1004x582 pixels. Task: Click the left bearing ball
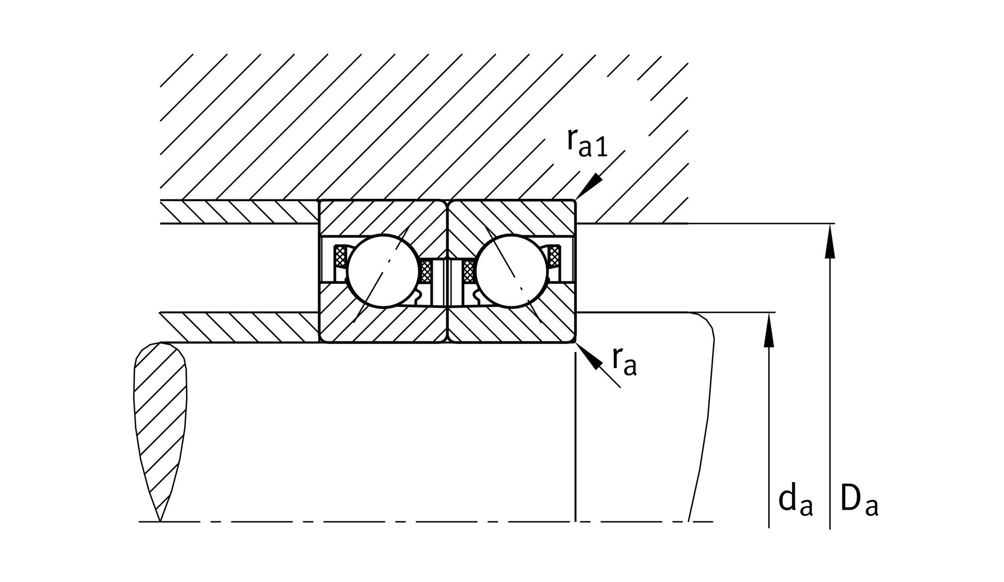pos(383,271)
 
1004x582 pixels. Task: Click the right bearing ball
pos(512,271)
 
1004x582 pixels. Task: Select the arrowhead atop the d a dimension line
pos(768,330)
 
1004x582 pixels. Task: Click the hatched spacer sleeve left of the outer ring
pos(238,211)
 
